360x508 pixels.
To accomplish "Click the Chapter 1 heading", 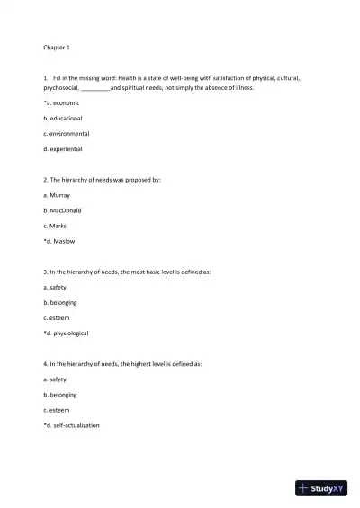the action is [x=56, y=47].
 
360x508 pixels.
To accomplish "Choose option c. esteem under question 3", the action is [x=57, y=317].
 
